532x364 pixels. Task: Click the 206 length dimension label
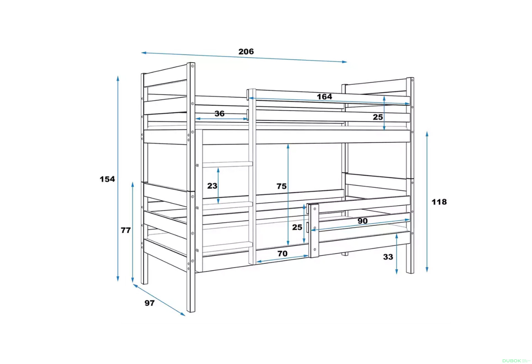pos(246,52)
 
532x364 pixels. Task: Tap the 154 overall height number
pos(107,179)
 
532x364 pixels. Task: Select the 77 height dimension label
pos(126,230)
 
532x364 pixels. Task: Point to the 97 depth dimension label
pos(149,303)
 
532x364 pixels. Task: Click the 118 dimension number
pos(439,202)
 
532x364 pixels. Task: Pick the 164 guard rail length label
pos(324,97)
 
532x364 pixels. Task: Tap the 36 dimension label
pos(219,114)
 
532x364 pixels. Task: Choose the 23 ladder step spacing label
pos(212,186)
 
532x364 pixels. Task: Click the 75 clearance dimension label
pos(282,186)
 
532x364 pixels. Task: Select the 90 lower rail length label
pos(362,221)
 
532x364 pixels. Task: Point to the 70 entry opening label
pos(282,253)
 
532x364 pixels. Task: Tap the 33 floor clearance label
pos(388,257)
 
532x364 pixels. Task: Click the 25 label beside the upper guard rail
pos(378,117)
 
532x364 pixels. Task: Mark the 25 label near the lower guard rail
pos(297,227)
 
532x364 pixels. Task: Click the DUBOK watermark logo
pos(511,361)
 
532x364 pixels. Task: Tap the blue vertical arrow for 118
pos(427,202)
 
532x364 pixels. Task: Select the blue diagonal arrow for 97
pos(159,300)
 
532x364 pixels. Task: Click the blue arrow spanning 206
pos(244,57)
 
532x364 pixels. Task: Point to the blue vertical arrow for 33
pos(397,254)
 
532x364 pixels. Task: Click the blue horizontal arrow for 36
pos(222,119)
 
